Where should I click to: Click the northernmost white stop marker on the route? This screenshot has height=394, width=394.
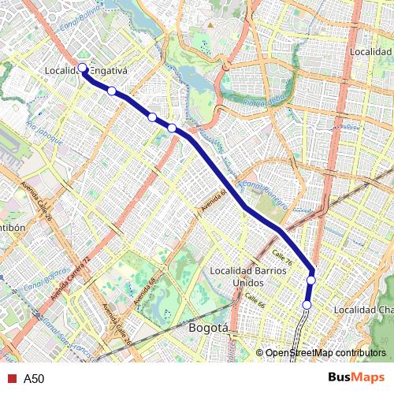tap(83, 67)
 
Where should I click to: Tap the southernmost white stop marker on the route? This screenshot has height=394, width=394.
tap(307, 304)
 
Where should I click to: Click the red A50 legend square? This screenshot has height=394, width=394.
tap(11, 379)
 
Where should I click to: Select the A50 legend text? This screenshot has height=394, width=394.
tap(34, 379)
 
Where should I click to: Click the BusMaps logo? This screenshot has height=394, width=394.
tap(351, 378)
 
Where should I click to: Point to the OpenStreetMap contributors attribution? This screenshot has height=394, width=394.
tap(325, 353)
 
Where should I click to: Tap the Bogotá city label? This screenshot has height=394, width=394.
tap(209, 328)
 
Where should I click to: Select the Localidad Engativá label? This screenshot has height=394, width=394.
tap(97, 71)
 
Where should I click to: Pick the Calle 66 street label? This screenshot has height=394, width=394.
tap(254, 300)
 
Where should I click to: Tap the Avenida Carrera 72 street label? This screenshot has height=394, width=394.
tap(72, 281)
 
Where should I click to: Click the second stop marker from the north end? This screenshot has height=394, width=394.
tap(112, 91)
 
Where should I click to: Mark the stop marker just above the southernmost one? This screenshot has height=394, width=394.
tap(311, 280)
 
